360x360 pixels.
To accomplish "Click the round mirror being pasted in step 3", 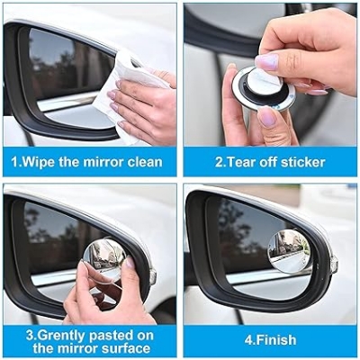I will click(104, 258).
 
